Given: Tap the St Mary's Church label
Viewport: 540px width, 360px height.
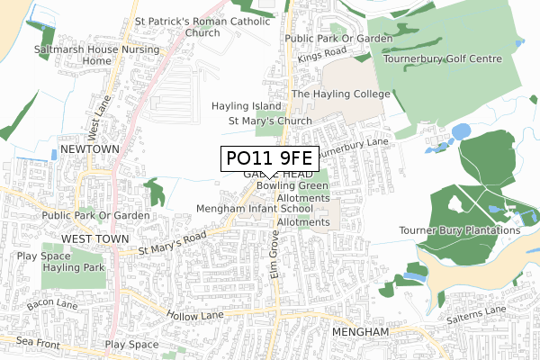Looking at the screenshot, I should (x=270, y=121).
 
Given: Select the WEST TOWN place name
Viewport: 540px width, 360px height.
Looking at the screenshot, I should (x=91, y=238).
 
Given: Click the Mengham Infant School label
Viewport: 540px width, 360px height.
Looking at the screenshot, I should (x=255, y=209).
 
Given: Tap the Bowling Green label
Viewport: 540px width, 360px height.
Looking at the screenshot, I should (x=292, y=185).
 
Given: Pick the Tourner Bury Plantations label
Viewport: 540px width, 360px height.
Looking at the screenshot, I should (x=460, y=230).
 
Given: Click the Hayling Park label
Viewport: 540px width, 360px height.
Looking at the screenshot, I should (x=76, y=268).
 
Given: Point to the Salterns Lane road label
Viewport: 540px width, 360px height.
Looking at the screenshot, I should (x=485, y=311).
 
